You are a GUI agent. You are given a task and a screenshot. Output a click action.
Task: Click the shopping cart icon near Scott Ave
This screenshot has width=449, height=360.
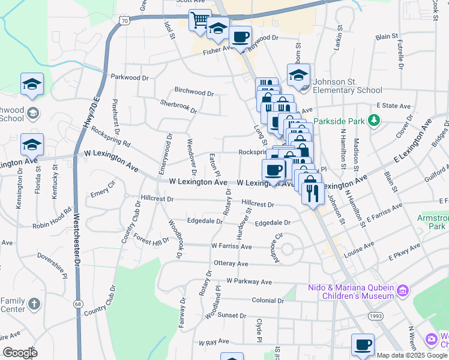(200, 20)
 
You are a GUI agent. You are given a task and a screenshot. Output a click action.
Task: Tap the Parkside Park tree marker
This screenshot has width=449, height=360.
(375, 121)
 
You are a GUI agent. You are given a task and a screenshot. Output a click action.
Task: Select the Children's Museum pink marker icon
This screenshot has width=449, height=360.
(403, 291)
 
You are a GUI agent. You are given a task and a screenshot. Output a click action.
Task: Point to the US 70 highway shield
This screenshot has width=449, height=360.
(124, 20)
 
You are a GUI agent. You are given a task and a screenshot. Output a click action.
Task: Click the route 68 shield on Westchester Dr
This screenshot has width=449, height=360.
(78, 304)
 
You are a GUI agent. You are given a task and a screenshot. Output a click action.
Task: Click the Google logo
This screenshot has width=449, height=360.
(19, 353)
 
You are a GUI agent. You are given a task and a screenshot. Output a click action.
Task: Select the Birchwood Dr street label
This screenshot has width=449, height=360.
(194, 93)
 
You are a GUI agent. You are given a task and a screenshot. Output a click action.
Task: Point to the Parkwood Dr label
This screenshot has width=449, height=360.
(130, 77)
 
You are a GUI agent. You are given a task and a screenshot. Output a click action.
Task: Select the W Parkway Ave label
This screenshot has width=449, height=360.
(249, 281)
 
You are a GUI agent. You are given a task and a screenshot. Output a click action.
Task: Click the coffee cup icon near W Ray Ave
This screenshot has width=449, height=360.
(363, 345)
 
